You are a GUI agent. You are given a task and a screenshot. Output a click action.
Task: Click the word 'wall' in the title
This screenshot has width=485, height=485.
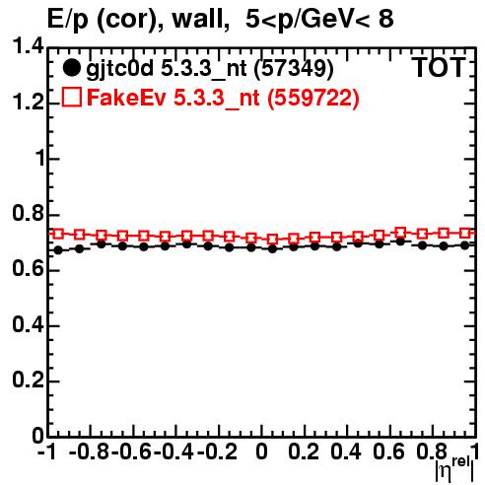(200, 19)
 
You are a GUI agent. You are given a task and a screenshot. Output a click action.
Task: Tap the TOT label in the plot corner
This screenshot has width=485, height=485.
(440, 68)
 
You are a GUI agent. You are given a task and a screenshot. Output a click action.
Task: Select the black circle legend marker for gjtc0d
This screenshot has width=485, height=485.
(71, 68)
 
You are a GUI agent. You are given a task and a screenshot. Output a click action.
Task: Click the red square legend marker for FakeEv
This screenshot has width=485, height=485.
(71, 97)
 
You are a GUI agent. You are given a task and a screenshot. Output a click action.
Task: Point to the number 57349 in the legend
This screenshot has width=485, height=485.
(294, 68)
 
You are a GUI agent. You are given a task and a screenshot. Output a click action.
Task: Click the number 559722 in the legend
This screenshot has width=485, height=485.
(313, 98)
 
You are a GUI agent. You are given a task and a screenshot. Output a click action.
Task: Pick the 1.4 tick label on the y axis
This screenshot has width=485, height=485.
(28, 46)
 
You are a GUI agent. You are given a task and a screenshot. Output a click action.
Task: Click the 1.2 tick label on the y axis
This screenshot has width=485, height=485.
(28, 103)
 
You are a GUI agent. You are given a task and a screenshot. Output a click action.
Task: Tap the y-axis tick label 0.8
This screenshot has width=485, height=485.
(28, 214)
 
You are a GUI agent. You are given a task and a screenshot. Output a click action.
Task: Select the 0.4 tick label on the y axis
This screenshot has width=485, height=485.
(28, 324)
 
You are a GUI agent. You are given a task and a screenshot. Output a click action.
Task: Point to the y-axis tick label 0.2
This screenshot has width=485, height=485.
(28, 381)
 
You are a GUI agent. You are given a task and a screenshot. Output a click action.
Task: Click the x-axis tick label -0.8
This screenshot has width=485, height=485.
(89, 451)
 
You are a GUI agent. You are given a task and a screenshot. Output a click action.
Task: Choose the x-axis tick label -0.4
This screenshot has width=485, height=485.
(173, 451)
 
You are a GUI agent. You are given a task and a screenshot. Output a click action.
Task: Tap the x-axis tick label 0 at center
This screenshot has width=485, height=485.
(261, 451)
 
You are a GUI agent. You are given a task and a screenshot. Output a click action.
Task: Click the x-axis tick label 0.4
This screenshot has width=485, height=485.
(346, 451)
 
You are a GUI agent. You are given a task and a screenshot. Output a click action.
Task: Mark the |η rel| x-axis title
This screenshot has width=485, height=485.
(454, 469)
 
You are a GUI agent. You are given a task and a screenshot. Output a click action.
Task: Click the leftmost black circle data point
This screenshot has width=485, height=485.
(58, 250)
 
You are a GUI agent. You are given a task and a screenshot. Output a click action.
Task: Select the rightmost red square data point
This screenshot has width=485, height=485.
(465, 233)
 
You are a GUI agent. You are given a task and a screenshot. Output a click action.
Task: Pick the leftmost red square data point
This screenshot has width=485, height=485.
(58, 234)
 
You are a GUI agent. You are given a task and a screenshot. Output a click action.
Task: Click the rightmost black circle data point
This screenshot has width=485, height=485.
(465, 245)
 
